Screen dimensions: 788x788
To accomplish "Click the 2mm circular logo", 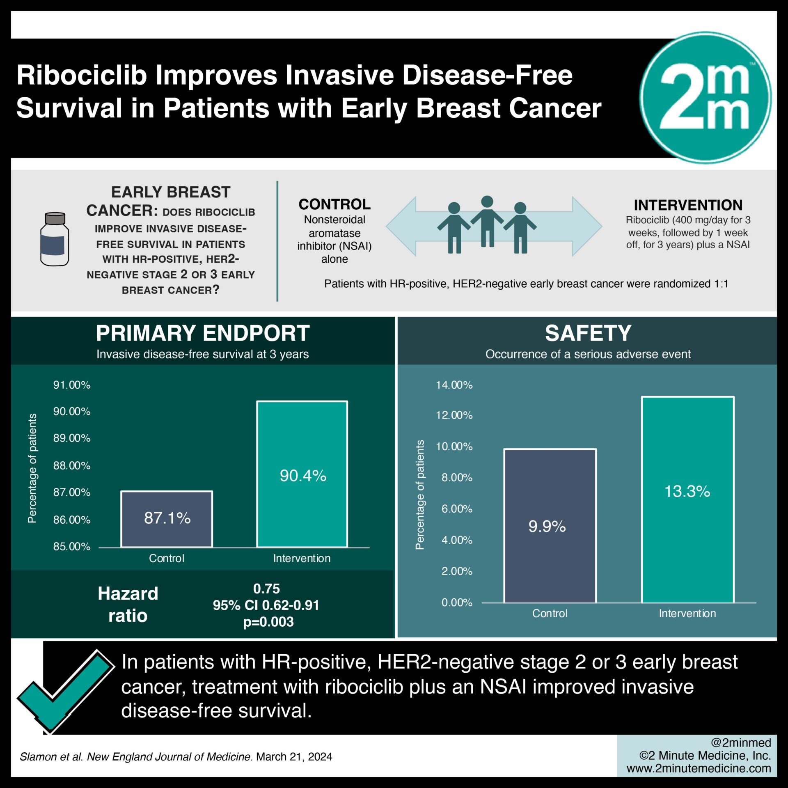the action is point(706,98).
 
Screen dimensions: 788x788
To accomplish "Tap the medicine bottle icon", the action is point(55,239).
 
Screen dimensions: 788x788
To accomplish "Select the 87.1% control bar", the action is point(167,519).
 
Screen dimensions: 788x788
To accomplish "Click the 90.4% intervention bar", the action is point(302,474).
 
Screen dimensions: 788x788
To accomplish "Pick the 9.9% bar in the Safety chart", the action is point(550,526).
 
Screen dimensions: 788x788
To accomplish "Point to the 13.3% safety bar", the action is point(688,499).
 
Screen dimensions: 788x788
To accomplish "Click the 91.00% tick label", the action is point(72,385).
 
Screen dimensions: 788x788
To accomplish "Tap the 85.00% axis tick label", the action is point(72,547).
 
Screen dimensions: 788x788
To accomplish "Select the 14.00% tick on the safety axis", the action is point(454,385).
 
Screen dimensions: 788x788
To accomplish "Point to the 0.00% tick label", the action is point(457,602).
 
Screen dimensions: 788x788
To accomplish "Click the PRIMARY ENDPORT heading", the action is point(203,333).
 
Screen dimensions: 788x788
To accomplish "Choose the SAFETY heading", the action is point(588,333).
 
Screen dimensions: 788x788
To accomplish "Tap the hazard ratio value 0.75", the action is point(266,589).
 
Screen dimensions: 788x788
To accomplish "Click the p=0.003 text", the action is point(268,622).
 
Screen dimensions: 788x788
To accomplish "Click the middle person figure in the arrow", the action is point(487,221).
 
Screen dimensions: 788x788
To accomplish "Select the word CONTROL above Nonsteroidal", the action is point(334,204).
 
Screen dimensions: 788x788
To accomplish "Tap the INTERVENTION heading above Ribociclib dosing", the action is point(688,205).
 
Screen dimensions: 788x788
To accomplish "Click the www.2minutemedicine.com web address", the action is point(699,768).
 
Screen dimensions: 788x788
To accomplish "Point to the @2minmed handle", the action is point(741,742).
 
